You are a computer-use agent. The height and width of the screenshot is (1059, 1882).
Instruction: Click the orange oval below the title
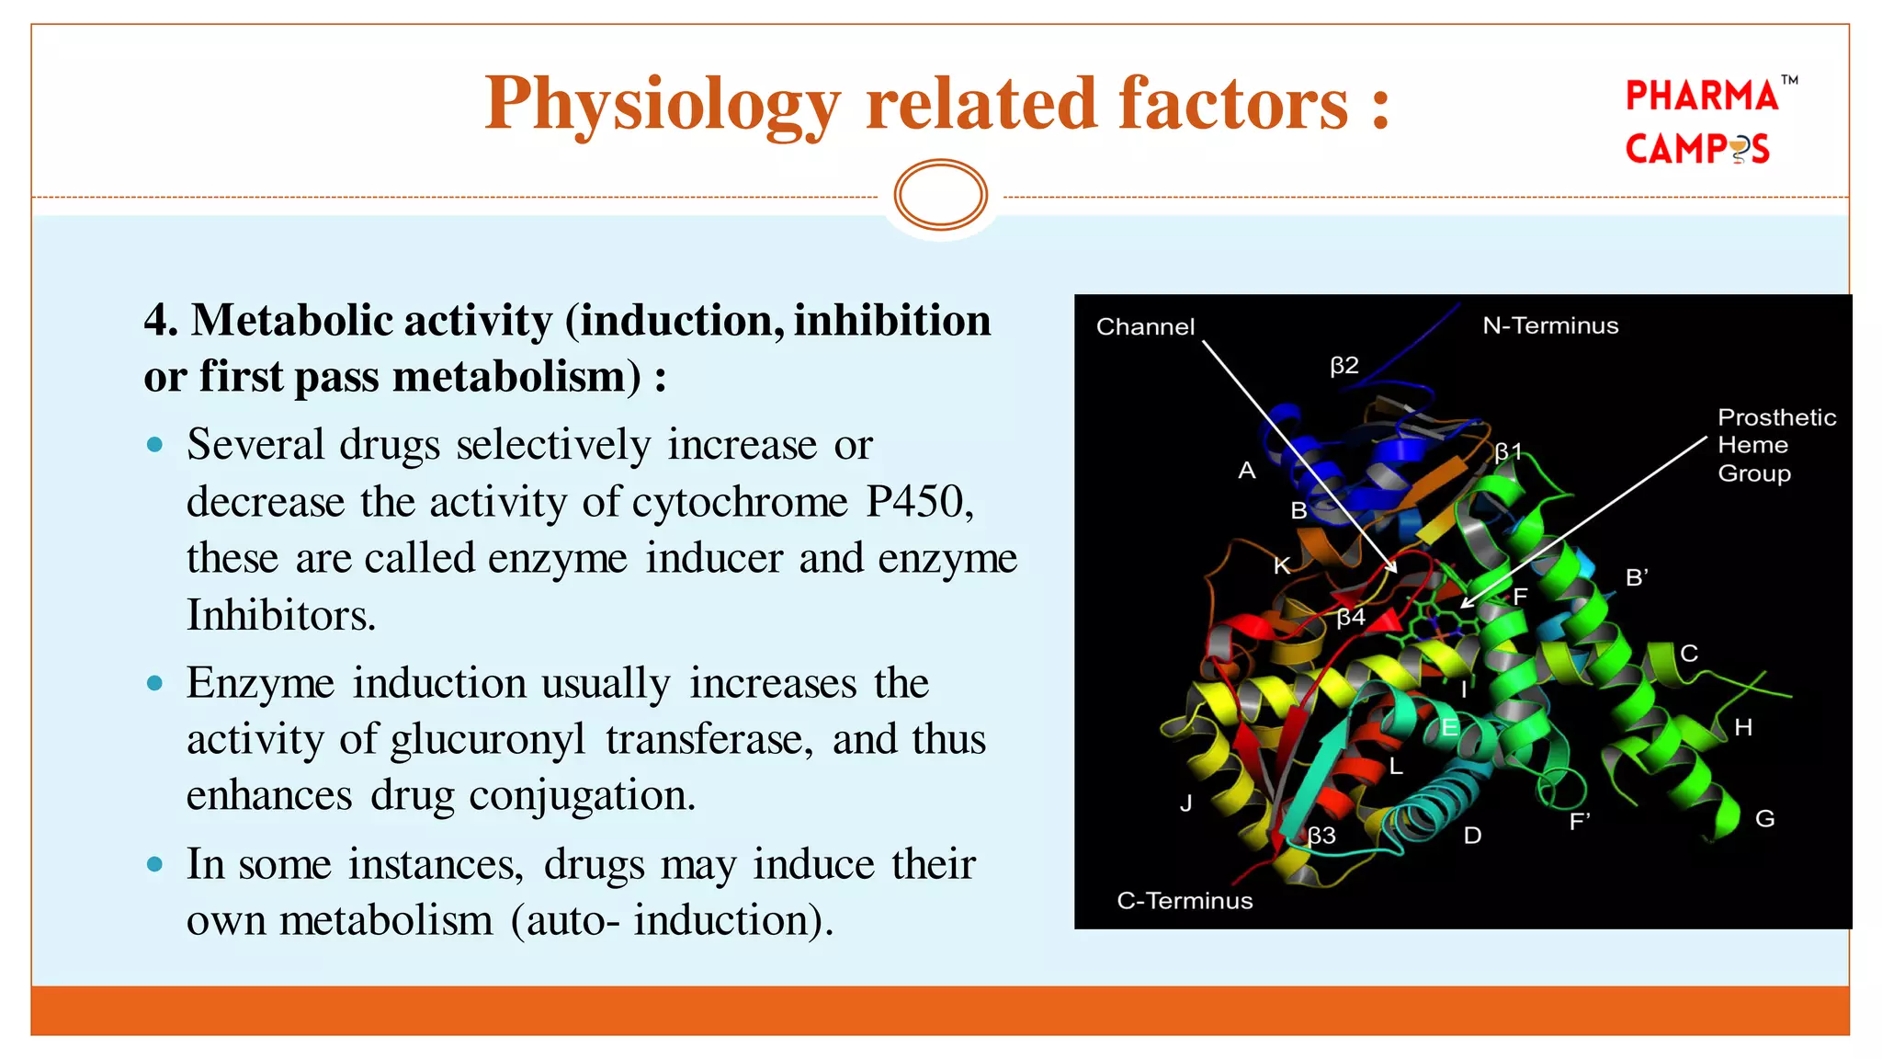coord(940,195)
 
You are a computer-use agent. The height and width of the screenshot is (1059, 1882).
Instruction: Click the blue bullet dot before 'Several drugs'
coord(154,446)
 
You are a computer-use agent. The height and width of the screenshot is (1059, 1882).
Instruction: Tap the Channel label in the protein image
coord(1145,327)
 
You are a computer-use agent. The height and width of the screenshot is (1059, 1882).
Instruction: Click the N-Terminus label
coord(1550,325)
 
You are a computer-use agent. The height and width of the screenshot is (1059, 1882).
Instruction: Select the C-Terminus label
coord(1185,901)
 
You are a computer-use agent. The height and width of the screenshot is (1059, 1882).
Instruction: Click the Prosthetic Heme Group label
coord(1774,445)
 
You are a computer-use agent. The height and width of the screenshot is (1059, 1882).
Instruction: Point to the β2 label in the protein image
coord(1343,366)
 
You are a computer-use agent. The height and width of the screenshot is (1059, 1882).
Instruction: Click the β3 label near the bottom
coord(1321,836)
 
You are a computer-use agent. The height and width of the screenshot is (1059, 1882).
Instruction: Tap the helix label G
coord(1764,818)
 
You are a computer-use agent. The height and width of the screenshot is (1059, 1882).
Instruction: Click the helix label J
coord(1185,803)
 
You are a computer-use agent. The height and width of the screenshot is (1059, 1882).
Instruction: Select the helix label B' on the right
coord(1637,577)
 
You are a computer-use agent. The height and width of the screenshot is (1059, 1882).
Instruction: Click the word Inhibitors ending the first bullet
coord(280,615)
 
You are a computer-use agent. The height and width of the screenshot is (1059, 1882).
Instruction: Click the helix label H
coord(1743,728)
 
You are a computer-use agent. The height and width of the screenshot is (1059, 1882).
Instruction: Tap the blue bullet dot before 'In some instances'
coord(154,865)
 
